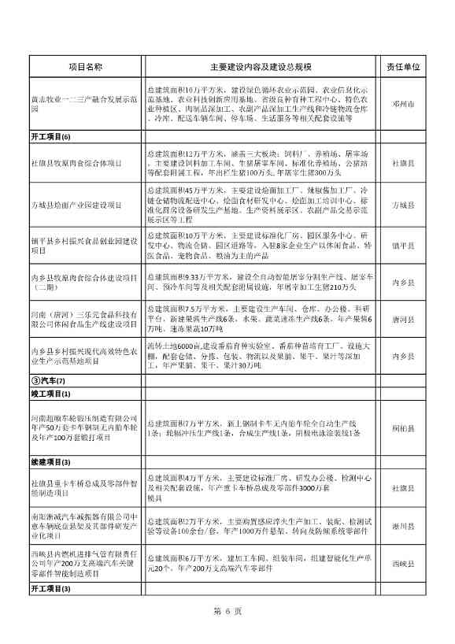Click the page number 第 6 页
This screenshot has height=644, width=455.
[x=227, y=612]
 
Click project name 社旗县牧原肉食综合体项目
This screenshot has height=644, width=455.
[x=76, y=162]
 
